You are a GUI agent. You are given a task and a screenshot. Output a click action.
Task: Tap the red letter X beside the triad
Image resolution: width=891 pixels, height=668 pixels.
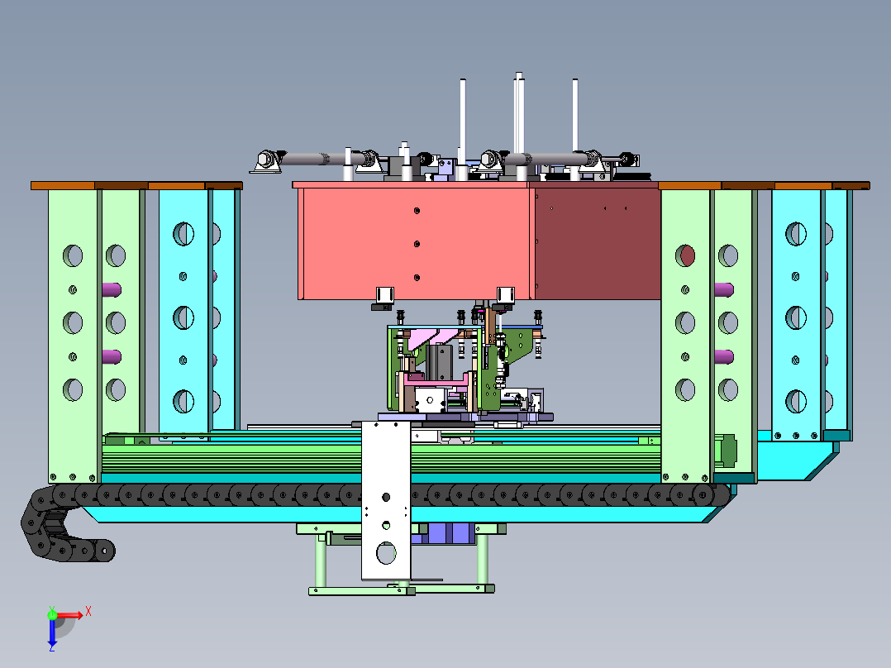pyautogui.click(x=88, y=611)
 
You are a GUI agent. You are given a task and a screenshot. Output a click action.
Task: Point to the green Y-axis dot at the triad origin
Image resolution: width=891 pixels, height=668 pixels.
pyautogui.click(x=52, y=613)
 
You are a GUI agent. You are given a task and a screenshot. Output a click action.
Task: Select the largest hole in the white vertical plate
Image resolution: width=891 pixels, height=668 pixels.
pyautogui.click(x=386, y=551)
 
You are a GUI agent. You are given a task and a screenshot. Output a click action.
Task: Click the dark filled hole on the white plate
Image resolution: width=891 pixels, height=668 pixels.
pyautogui.click(x=385, y=497)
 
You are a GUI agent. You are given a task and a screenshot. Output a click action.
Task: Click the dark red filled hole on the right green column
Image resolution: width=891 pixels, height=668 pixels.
pyautogui.click(x=685, y=255)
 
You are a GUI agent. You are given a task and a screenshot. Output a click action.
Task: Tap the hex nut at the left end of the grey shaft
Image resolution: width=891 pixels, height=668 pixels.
pyautogui.click(x=266, y=159)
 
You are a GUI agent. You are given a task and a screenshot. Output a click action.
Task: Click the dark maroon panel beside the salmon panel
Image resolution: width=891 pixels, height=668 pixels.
pyautogui.click(x=595, y=240)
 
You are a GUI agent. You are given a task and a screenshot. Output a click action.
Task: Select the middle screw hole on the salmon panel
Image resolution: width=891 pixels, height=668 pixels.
pyautogui.click(x=417, y=244)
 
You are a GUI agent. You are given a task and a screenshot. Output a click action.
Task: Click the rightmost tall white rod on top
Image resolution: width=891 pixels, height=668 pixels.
pyautogui.click(x=575, y=116)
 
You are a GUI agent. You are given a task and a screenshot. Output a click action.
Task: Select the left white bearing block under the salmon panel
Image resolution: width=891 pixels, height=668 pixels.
pyautogui.click(x=384, y=295)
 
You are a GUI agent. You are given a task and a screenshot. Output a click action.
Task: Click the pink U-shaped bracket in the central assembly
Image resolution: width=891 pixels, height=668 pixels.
pyautogui.click(x=405, y=389)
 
